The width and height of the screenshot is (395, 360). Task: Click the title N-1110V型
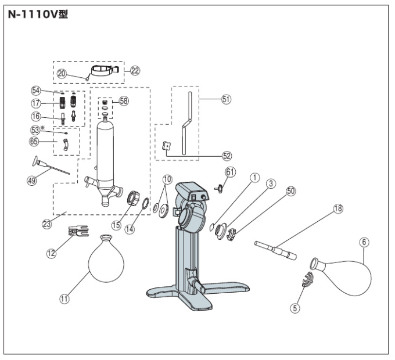[x=38, y=15]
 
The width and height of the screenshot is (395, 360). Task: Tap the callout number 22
[x=135, y=71]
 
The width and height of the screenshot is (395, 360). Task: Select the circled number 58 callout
[x=124, y=101]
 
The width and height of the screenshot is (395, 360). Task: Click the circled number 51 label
[x=227, y=99]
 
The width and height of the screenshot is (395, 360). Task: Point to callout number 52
[x=227, y=156]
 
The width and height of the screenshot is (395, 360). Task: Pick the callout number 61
[x=230, y=172]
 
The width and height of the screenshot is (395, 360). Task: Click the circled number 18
[x=338, y=208]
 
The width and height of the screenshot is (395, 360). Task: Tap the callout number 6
[x=364, y=242]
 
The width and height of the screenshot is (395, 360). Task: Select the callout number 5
[x=295, y=308]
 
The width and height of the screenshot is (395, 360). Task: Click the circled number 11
[x=64, y=299]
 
